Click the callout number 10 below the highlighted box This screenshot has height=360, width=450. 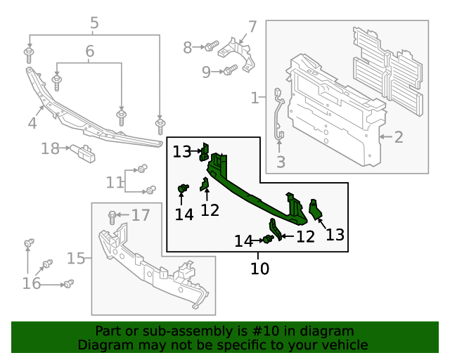(259, 268)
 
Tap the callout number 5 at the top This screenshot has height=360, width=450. (94, 24)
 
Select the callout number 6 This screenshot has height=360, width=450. (89, 51)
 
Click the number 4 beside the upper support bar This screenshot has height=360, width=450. (32, 124)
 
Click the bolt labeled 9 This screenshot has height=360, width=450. (230, 70)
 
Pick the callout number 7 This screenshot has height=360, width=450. (252, 27)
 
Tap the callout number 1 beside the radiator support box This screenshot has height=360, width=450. (255, 98)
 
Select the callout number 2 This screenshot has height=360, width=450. (399, 136)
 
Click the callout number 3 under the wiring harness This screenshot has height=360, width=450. (281, 164)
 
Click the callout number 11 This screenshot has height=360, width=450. (114, 183)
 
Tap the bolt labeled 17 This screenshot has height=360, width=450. (112, 215)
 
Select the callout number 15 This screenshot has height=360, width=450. (76, 258)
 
